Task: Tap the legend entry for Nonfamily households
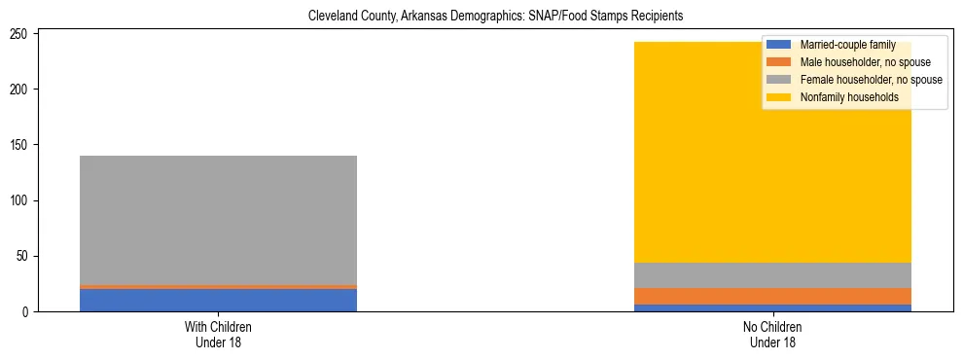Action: pyautogui.click(x=849, y=97)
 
